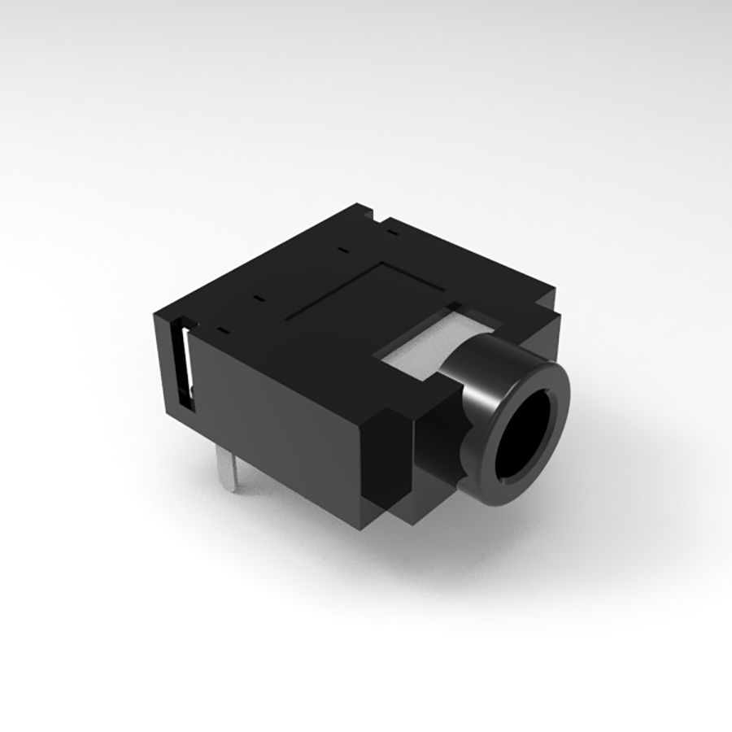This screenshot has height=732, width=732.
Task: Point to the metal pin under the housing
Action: [233, 472]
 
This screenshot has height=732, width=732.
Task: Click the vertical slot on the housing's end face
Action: [186, 366]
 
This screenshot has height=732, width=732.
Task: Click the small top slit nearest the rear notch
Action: [394, 233]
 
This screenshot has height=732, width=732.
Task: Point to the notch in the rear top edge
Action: [378, 216]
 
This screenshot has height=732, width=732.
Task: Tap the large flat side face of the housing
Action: [277, 423]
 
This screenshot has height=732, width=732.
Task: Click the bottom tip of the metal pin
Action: [233, 490]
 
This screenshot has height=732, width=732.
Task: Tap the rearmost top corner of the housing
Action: [358, 205]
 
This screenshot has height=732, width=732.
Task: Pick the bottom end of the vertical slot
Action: [186, 407]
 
